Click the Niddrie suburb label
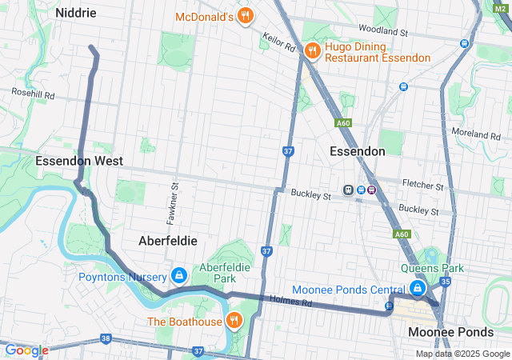click(x=76, y=13)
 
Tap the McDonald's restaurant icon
click(x=246, y=15)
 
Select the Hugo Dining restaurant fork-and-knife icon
click(x=311, y=51)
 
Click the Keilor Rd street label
click(x=279, y=42)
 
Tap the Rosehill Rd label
click(x=33, y=94)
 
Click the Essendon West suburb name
click(x=79, y=161)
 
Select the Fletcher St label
click(x=423, y=186)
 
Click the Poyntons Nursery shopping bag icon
click(x=178, y=276)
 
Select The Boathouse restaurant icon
click(x=234, y=321)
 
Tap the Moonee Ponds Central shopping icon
click(x=417, y=288)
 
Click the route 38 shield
click(x=106, y=339)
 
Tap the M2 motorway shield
click(x=500, y=6)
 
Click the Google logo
click(x=26, y=350)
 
